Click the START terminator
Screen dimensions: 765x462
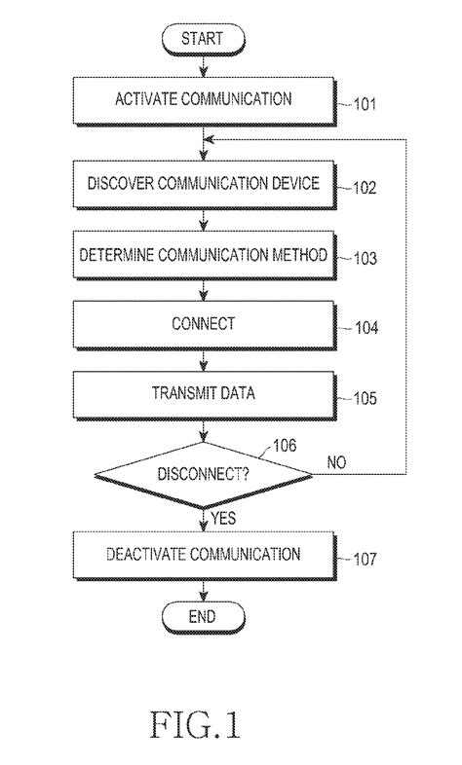coord(203,40)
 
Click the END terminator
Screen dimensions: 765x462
coord(203,615)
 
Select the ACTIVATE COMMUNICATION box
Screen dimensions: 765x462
coord(203,99)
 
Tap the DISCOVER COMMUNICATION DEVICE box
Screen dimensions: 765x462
coord(203,184)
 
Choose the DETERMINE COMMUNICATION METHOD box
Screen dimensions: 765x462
coord(203,257)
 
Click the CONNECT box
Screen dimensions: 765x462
coord(203,323)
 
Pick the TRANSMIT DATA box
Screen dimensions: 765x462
coord(203,393)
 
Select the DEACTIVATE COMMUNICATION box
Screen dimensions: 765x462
coord(203,554)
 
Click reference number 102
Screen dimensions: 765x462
coord(363,189)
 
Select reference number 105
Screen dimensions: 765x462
coord(363,398)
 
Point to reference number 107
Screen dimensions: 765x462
coord(363,560)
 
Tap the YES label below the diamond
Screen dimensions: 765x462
coord(223,519)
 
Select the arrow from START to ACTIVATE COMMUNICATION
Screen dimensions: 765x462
coord(203,67)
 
